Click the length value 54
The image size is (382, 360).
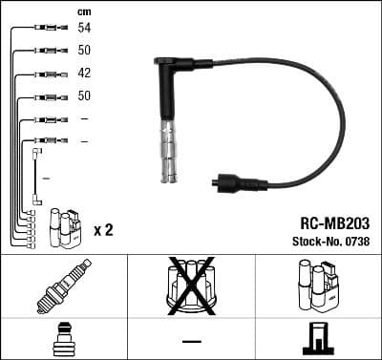(x=84, y=30)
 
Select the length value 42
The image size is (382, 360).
(x=84, y=74)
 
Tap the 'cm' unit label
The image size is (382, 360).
(x=83, y=11)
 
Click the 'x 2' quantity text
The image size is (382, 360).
(x=104, y=231)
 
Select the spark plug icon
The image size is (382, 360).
(x=63, y=287)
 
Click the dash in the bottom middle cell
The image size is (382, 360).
(x=191, y=341)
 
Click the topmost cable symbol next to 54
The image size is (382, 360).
(x=48, y=30)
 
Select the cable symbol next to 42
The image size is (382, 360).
(x=48, y=74)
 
